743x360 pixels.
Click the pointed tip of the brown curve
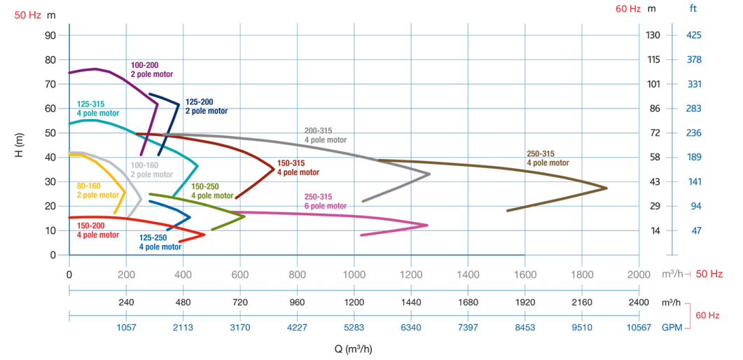click(608, 188)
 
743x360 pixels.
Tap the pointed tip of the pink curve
click(429, 225)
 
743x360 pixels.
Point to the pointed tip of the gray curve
click(431, 174)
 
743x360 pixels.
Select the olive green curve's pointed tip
click(246, 216)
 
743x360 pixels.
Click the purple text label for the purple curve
click(151, 69)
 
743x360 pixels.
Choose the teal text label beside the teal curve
click(97, 108)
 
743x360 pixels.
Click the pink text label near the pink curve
click(325, 201)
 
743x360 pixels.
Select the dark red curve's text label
click(298, 167)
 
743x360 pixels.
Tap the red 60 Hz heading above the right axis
click(629, 9)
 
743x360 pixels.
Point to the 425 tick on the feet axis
click(694, 35)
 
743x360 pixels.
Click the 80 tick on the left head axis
click(50, 60)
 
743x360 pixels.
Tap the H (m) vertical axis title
click(20, 145)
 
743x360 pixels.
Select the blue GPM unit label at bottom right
click(672, 327)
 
